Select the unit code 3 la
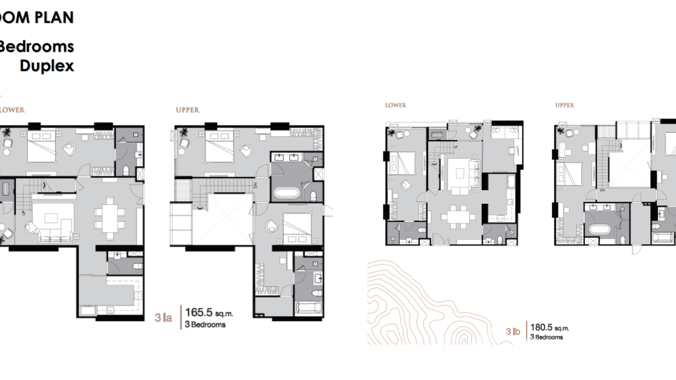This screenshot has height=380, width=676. tap(163, 318)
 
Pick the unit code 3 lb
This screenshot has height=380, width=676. tap(513, 331)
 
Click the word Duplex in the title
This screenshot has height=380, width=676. tap(47, 66)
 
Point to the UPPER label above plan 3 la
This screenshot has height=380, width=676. tap(187, 110)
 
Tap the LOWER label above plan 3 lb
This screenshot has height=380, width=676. tap(395, 105)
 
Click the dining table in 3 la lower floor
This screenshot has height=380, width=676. tap(110, 219)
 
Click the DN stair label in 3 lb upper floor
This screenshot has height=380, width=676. tap(602, 191)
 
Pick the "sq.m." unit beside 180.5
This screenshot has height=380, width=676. tap(562, 328)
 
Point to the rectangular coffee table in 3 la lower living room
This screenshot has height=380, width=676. tap(52, 218)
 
